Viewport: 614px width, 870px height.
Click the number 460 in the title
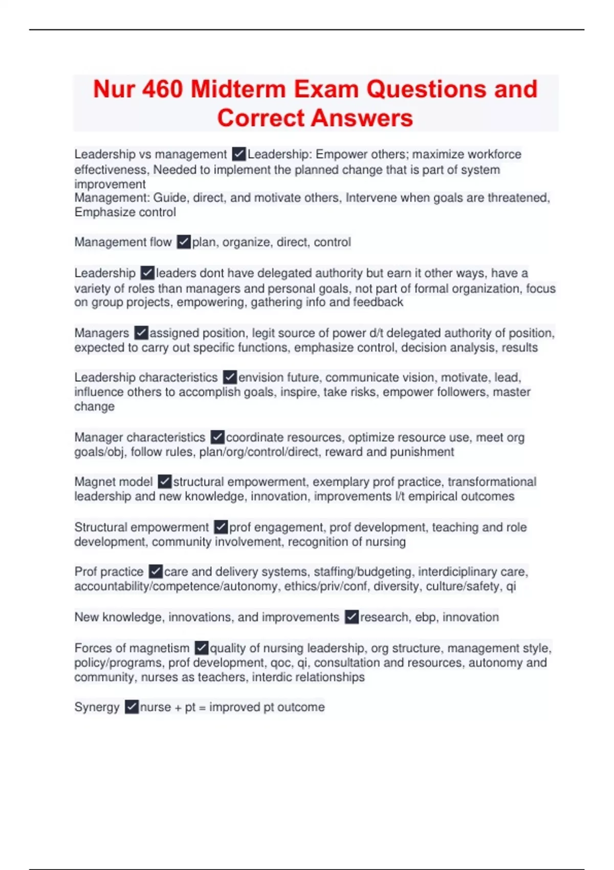(x=162, y=89)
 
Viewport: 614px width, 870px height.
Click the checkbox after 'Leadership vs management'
(x=238, y=154)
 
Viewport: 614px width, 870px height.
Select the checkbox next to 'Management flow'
(x=184, y=242)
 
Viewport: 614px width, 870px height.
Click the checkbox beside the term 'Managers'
(x=141, y=333)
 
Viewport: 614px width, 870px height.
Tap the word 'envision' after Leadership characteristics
(x=260, y=378)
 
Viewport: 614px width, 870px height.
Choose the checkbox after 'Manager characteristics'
(x=217, y=438)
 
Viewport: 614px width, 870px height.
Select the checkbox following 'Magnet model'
(x=165, y=482)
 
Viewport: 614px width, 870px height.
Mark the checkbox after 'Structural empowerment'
(x=221, y=527)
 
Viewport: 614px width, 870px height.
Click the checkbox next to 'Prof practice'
(x=156, y=572)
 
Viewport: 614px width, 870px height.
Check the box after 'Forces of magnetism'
(x=202, y=648)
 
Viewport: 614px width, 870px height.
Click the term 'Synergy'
(x=97, y=707)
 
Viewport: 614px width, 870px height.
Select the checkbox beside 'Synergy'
(x=131, y=707)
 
